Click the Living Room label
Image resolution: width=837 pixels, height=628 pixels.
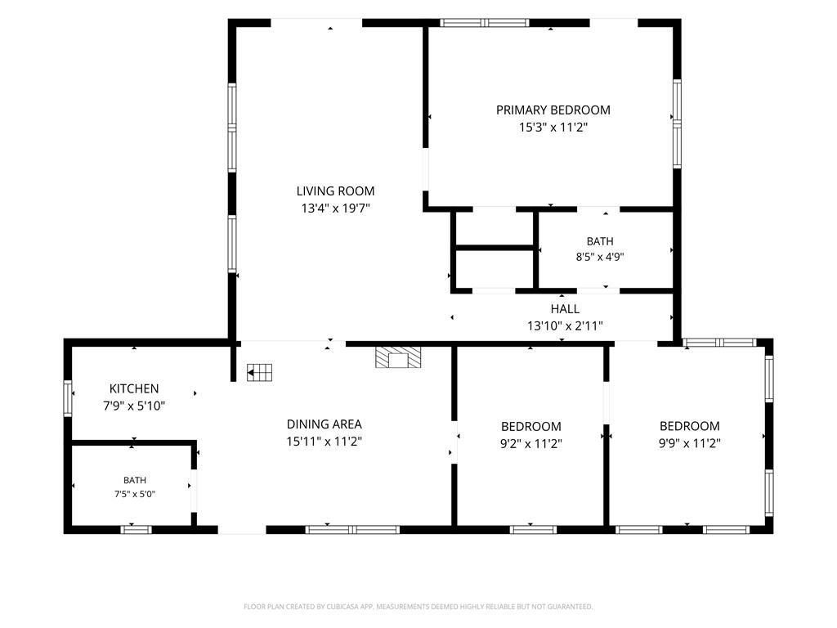point(335,191)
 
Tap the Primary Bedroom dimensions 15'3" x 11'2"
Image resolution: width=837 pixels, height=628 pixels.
point(553,127)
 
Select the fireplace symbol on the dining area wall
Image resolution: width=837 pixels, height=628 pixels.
point(398,357)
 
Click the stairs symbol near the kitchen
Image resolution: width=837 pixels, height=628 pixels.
point(259,372)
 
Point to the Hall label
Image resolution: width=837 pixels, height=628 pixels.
point(565,308)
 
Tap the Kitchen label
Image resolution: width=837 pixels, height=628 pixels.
point(134,388)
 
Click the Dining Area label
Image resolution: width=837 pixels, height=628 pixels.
point(324,424)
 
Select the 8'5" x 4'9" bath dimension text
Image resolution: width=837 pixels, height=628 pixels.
point(599,257)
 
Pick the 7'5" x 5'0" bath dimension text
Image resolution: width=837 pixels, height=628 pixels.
point(135,494)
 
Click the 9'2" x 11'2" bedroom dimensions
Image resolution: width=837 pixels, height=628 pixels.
point(530,443)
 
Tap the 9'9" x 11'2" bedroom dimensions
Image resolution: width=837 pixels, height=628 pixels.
point(690,442)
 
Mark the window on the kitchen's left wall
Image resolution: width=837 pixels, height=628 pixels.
point(68,398)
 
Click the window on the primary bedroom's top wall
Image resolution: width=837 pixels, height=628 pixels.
point(485,22)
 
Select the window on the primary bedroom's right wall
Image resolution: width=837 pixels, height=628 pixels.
point(677,124)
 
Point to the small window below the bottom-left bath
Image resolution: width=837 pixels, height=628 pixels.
point(137,530)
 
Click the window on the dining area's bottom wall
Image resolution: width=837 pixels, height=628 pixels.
point(352,530)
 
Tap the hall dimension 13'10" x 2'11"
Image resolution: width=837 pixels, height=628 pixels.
point(565,325)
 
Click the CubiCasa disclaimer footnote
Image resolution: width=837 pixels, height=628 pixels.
point(418,607)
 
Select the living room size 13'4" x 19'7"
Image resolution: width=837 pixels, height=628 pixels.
point(335,208)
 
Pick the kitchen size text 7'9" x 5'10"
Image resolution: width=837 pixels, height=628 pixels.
point(134,406)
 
